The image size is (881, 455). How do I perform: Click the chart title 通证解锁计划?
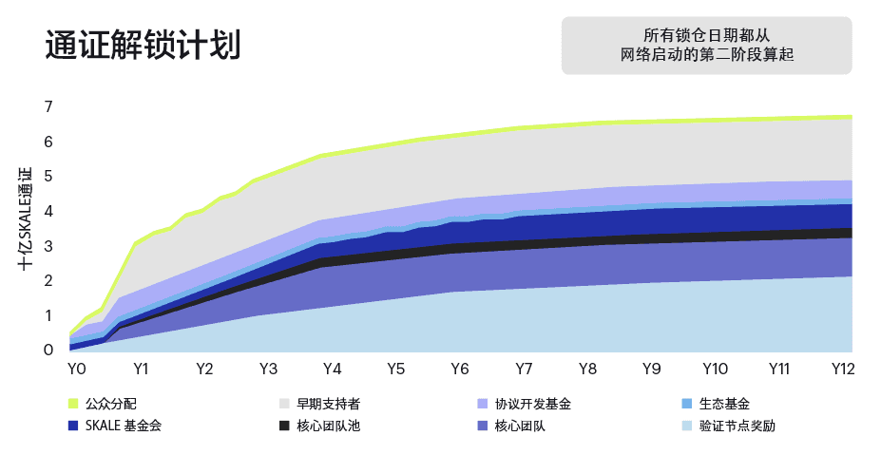point(142,45)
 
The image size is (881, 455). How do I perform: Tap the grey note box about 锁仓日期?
point(706,45)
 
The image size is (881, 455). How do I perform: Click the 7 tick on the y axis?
point(48,107)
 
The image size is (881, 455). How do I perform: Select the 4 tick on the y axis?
point(48,212)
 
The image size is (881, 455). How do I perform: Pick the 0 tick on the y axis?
point(48,351)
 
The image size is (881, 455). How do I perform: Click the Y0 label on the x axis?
point(77,369)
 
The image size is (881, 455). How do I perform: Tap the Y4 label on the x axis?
point(332,369)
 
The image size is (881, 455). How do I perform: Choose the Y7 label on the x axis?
point(523,369)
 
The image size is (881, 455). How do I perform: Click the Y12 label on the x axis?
point(841,369)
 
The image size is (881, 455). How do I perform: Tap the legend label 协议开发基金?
point(539,405)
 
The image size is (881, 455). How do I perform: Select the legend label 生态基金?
point(724,405)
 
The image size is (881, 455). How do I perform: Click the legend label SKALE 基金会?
point(124,426)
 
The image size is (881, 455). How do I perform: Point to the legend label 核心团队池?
point(328,426)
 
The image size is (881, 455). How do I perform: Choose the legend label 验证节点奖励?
point(737,426)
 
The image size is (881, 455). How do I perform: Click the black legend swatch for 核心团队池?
point(283,426)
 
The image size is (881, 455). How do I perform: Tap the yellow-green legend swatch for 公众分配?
point(73,405)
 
